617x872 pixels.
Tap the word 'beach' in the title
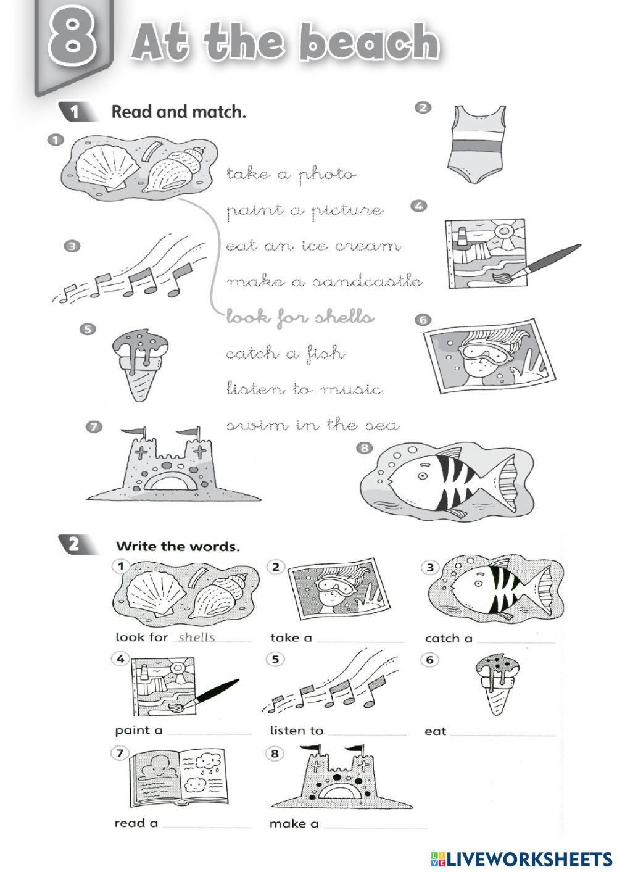pyautogui.click(x=371, y=43)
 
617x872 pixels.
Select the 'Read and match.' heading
pyautogui.click(x=179, y=112)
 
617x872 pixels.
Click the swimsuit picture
pyautogui.click(x=479, y=144)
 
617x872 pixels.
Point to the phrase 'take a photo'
pyautogui.click(x=291, y=174)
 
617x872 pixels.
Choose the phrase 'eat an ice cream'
pyautogui.click(x=313, y=246)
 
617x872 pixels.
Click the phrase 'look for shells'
pyautogui.click(x=300, y=318)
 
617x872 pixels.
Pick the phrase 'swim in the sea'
pyautogui.click(x=313, y=425)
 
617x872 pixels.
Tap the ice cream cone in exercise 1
pyautogui.click(x=140, y=364)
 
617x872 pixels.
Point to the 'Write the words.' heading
pyautogui.click(x=178, y=547)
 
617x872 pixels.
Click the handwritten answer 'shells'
pyautogui.click(x=197, y=637)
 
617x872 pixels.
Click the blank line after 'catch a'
pyautogui.click(x=516, y=642)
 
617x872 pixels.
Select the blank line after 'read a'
pyautogui.click(x=207, y=827)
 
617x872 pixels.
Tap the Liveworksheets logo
pyautogui.click(x=521, y=859)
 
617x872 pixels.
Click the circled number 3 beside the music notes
pyautogui.click(x=72, y=246)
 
